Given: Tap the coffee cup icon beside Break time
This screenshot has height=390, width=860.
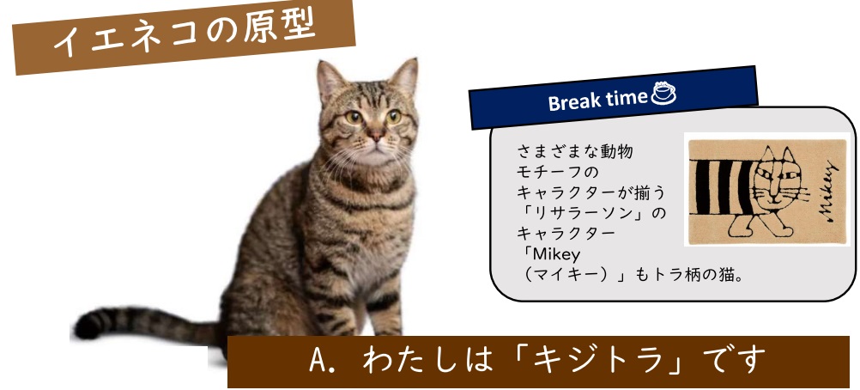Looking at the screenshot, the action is (x=663, y=93).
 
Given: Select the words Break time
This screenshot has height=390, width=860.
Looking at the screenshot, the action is (x=597, y=100).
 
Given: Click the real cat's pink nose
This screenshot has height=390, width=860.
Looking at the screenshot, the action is (x=376, y=133).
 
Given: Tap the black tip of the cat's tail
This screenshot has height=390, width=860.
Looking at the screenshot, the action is (x=87, y=326).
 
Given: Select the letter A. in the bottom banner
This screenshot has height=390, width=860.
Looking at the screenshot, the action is (x=319, y=361).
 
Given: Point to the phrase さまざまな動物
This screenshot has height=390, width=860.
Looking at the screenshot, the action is (x=575, y=151).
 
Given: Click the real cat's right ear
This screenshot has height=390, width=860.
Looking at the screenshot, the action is (x=405, y=77).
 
